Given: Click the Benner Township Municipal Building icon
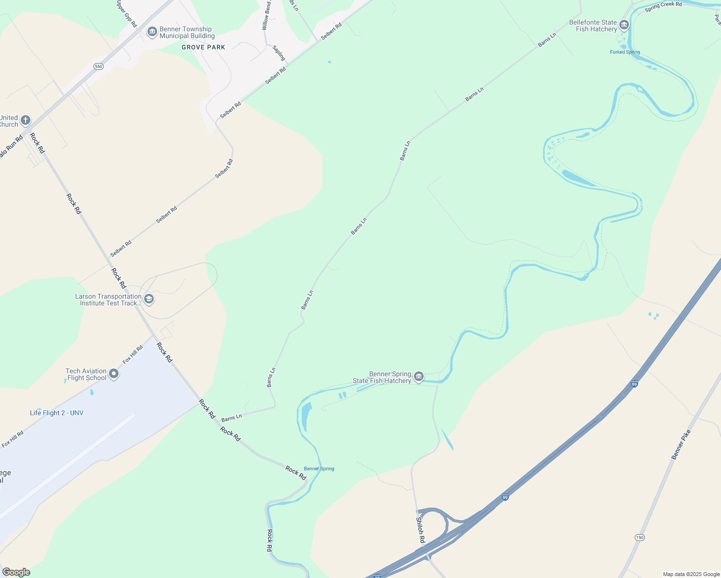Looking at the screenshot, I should [152, 32].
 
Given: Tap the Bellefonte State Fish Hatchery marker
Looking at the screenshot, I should [624, 25].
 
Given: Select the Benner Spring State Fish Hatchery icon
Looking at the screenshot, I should [419, 376].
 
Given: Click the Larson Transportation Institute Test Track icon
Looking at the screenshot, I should [149, 299].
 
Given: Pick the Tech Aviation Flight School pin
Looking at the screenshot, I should [114, 374].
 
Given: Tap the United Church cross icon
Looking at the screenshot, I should [26, 120].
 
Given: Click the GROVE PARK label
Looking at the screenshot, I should [203, 47].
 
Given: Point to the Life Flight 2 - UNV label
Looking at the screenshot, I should [56, 413].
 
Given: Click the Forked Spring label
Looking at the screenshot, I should [625, 52].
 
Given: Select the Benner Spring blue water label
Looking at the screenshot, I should [319, 469].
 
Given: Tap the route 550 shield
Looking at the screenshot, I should [99, 66].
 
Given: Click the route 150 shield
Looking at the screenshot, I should [639, 537].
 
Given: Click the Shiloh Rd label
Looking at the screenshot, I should [420, 530].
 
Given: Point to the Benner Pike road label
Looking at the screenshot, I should [681, 444].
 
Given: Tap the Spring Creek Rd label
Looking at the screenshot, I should [663, 6].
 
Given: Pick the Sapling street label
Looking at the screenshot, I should [279, 53].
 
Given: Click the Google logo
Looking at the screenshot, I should [16, 572].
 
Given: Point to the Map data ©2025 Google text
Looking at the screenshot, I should [691, 574].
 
